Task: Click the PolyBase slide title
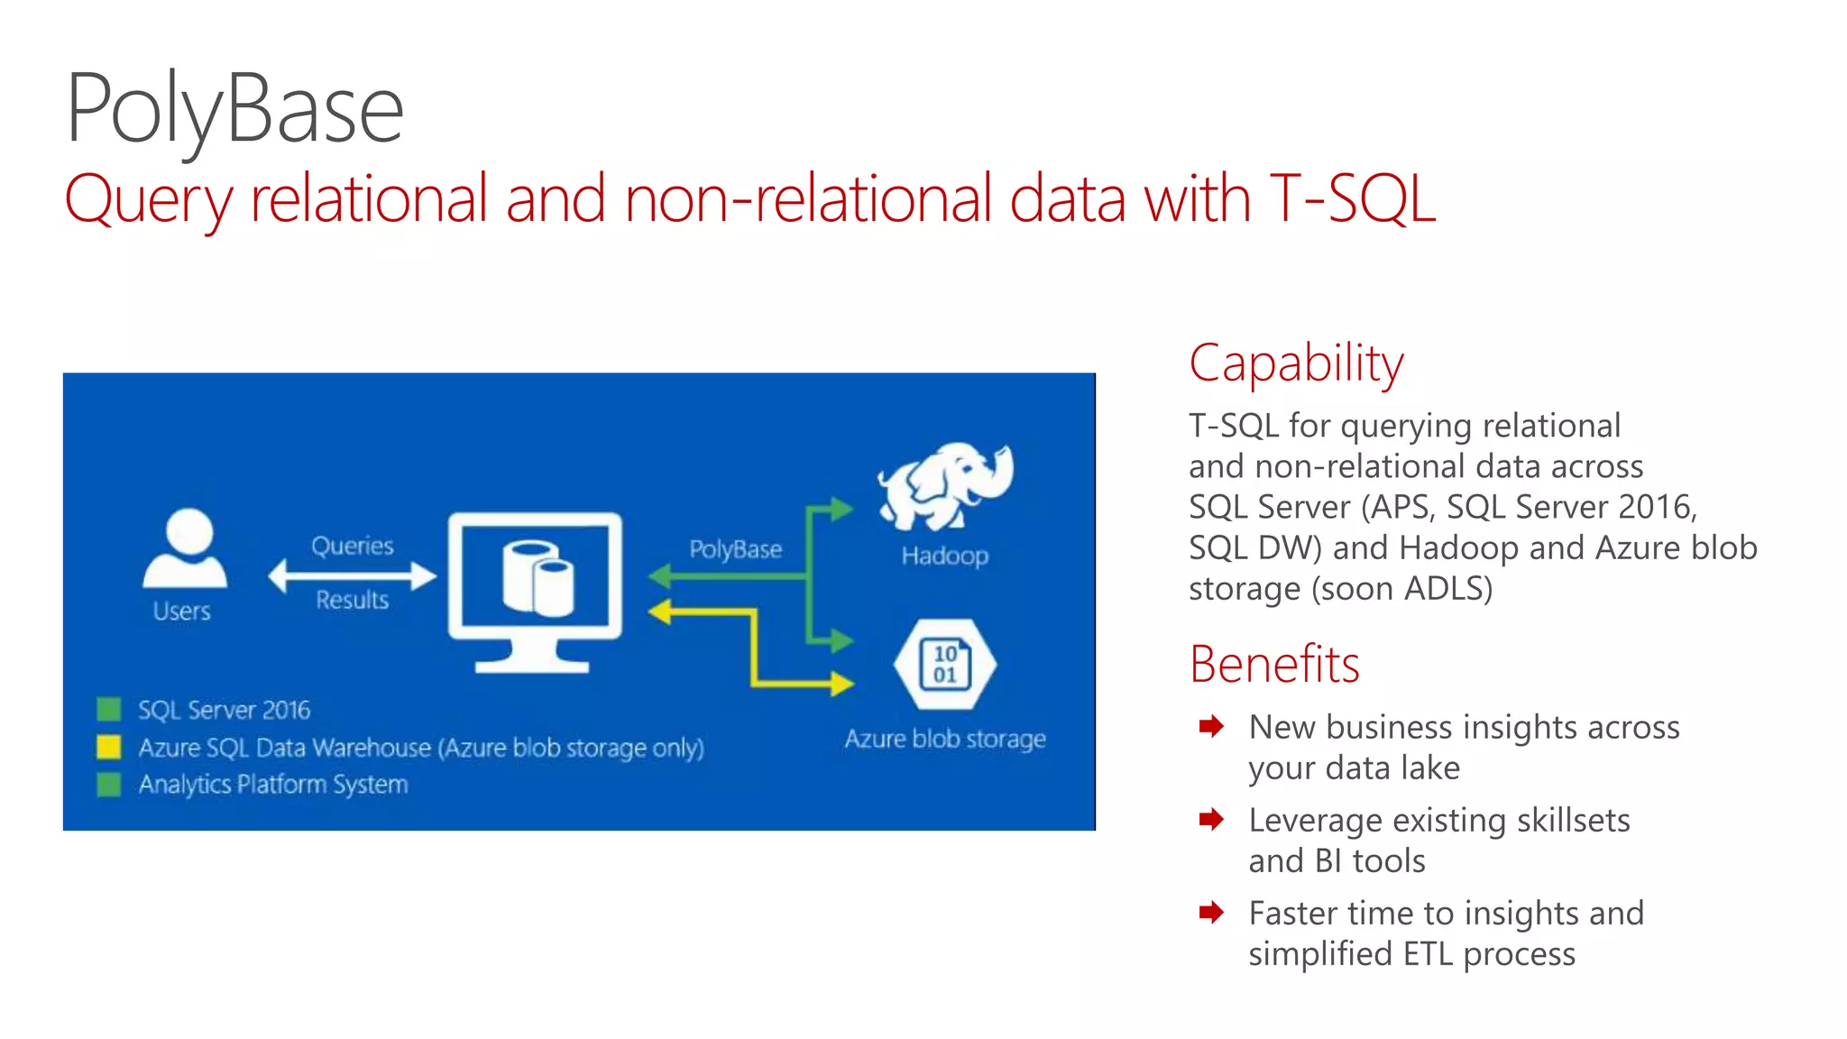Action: coord(234,110)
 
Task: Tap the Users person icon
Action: coord(186,549)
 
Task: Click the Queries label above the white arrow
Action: coord(353,546)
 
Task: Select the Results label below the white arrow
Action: coord(353,600)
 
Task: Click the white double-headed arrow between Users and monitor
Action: coord(352,575)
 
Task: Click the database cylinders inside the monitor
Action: coord(538,577)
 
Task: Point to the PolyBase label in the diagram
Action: coord(735,549)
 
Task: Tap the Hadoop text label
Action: coord(944,556)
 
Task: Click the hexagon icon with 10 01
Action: coord(944,665)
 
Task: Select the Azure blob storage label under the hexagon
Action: coord(944,739)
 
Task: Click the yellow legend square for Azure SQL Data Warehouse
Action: coord(109,747)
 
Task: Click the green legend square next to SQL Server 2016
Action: coord(109,709)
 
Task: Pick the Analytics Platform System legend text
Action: coord(272,784)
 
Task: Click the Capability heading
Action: coord(1296,363)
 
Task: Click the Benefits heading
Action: coord(1273,665)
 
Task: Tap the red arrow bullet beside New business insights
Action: coord(1211,726)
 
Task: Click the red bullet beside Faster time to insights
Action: coord(1211,912)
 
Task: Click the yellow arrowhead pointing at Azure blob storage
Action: coord(842,684)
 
